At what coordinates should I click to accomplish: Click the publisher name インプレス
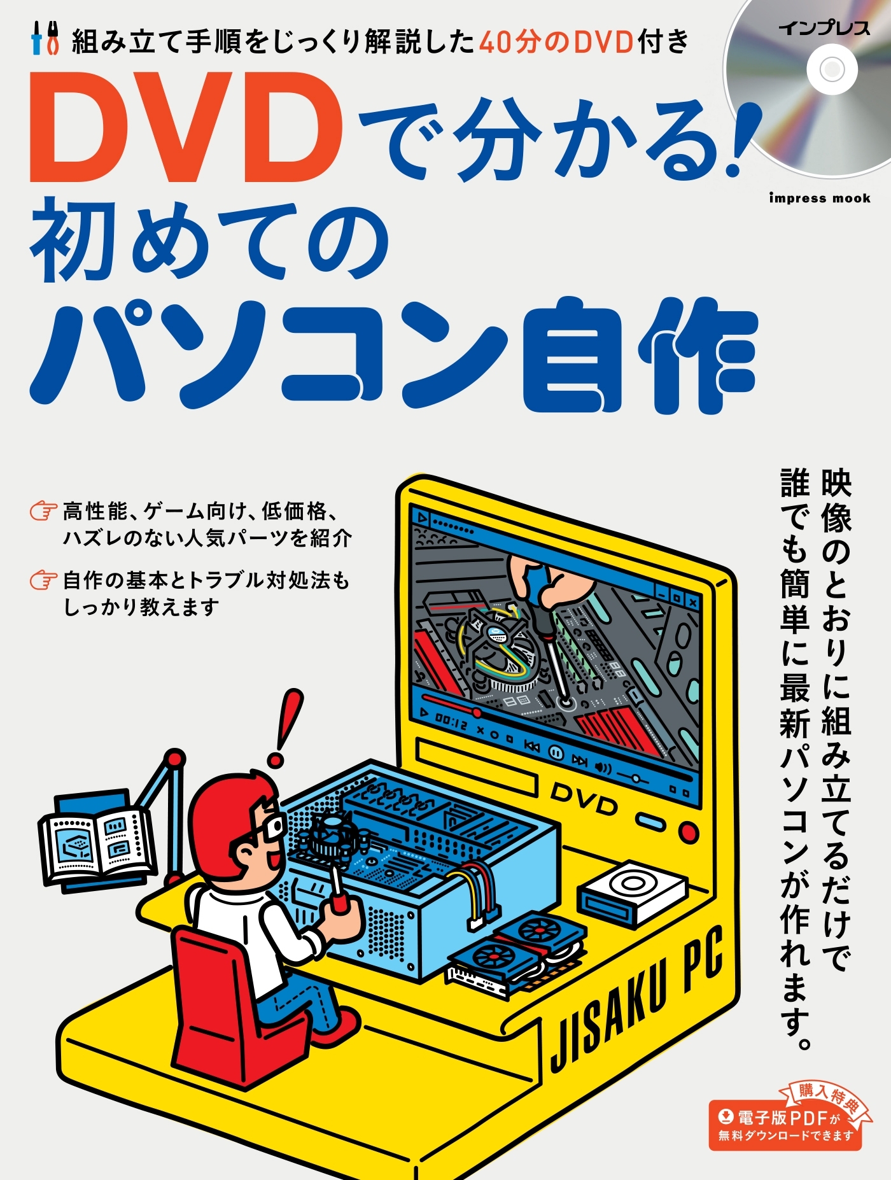coord(824,28)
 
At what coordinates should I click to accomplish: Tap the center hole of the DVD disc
coord(832,69)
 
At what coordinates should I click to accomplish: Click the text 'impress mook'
coord(819,198)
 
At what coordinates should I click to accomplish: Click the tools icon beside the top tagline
coord(45,39)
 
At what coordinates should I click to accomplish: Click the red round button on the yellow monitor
coord(688,831)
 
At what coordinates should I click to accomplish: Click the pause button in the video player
coord(556,753)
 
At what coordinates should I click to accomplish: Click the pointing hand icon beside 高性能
coord(43,511)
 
